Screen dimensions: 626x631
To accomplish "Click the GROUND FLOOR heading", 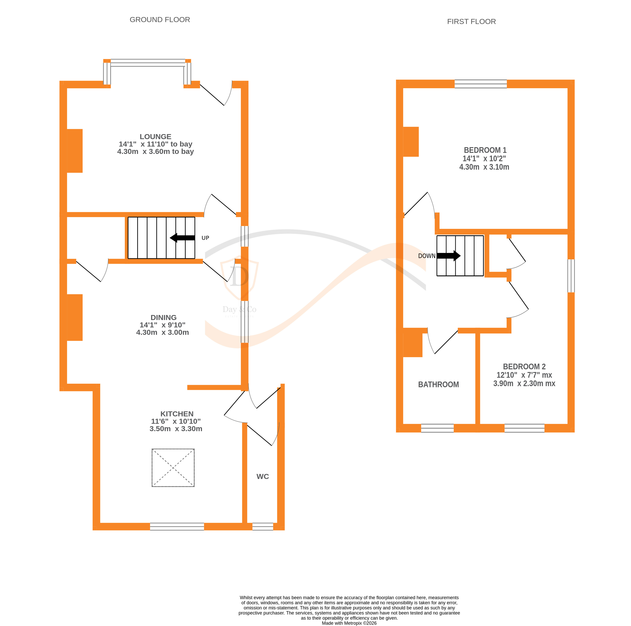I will pos(160,20).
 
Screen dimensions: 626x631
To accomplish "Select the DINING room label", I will pos(163,317).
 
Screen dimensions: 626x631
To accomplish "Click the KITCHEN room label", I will pos(177,414).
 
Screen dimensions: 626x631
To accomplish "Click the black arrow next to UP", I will pos(182,238).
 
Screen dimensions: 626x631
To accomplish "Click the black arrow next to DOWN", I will pos(448,256).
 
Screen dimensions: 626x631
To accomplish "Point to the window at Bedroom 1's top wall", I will pos(480,84).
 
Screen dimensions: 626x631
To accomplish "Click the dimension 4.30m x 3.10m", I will pos(484,167).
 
